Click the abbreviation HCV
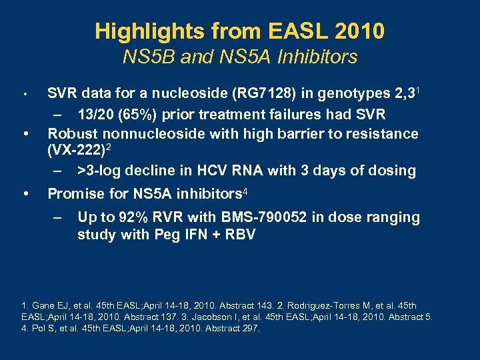(209, 171)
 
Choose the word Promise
(77, 194)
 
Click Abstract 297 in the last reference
(228, 328)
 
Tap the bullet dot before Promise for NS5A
(25, 194)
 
